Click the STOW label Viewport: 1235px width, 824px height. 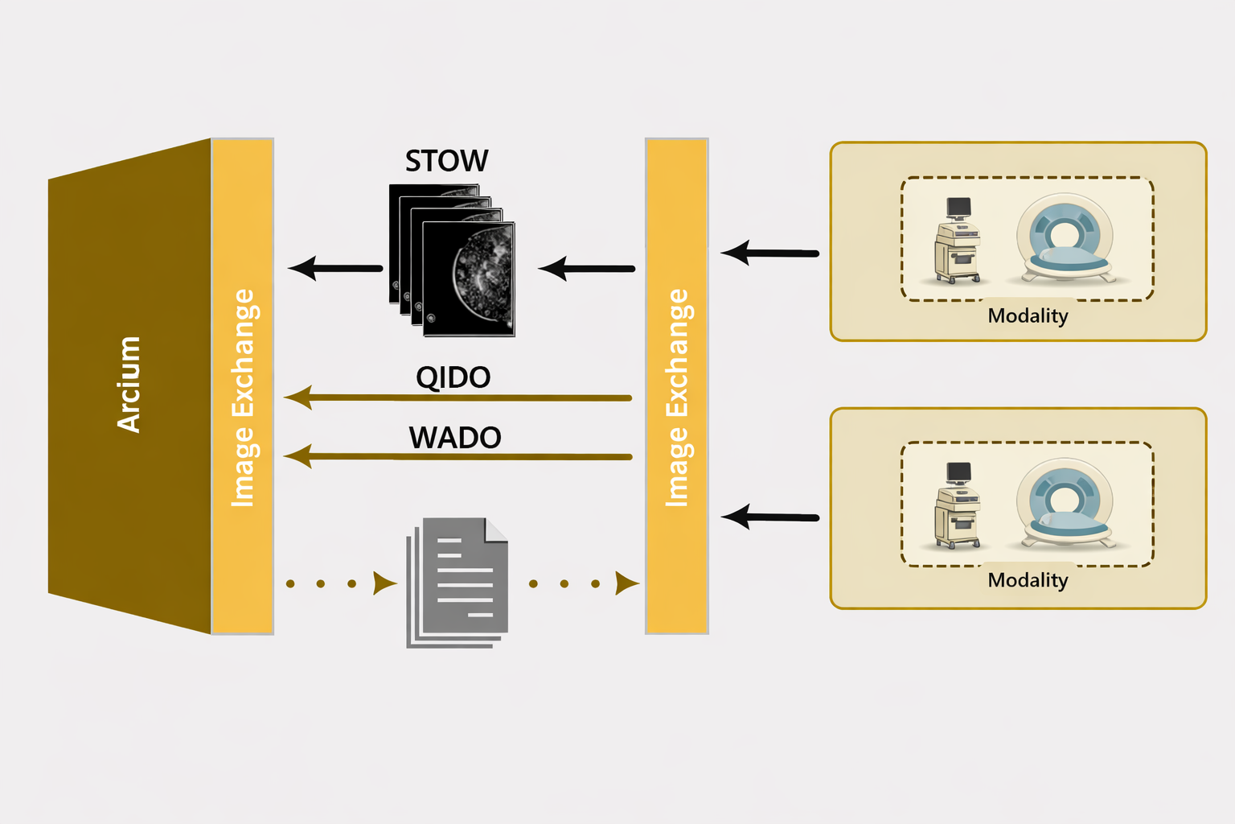pyautogui.click(x=446, y=161)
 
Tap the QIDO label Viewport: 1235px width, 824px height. pyautogui.click(x=453, y=377)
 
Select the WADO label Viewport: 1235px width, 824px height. pyautogui.click(x=454, y=438)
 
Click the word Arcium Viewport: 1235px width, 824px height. pyautogui.click(x=129, y=385)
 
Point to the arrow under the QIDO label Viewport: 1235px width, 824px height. pyautogui.click(x=458, y=398)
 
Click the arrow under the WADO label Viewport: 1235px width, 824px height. pyautogui.click(x=458, y=457)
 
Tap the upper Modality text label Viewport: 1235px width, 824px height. pyautogui.click(x=1028, y=315)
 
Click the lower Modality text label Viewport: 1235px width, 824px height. pyautogui.click(x=1028, y=580)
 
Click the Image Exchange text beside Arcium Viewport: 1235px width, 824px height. pyautogui.click(x=242, y=398)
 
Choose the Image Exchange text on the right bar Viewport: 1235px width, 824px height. pyautogui.click(x=676, y=398)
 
